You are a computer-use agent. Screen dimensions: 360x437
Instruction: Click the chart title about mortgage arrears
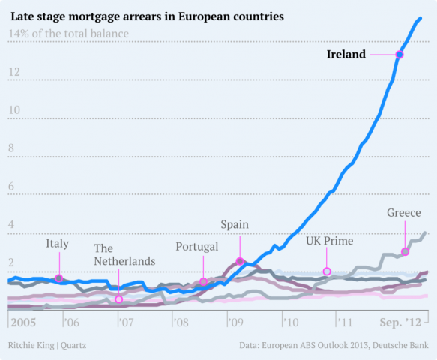(147, 16)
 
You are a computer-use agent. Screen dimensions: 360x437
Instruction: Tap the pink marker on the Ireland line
(400, 55)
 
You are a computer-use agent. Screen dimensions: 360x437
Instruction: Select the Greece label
(403, 213)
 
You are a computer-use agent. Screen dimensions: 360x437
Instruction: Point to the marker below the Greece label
(406, 251)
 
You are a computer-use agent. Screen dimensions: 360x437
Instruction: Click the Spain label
(235, 224)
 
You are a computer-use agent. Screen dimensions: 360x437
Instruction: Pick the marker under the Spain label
(240, 261)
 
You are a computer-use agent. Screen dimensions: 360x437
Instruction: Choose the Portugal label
(197, 246)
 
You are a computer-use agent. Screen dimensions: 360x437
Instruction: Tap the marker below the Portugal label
(203, 282)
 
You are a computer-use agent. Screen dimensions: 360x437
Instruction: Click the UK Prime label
(329, 241)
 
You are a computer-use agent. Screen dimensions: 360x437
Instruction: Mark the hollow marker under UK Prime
(327, 271)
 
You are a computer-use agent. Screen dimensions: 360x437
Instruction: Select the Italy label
(58, 243)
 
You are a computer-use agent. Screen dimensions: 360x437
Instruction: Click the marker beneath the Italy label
(59, 278)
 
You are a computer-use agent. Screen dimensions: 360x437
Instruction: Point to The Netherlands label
(124, 254)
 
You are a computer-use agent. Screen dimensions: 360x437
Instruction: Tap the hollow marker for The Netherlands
(118, 299)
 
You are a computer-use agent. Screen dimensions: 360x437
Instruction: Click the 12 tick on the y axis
(14, 72)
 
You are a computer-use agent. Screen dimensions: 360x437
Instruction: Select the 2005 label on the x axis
(22, 322)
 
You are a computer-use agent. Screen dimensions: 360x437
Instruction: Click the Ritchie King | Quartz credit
(46, 345)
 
